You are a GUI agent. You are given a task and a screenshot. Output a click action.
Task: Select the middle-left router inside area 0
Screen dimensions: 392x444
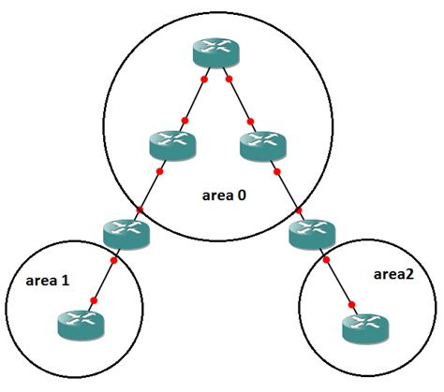[171, 144]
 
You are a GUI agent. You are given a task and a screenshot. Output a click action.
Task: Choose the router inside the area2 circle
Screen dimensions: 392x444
[363, 327]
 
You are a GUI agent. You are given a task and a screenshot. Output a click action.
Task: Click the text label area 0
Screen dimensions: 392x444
[225, 196]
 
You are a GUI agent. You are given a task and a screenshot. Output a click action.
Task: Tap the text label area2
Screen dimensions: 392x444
[387, 275]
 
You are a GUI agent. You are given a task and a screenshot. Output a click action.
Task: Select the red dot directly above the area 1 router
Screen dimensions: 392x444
[93, 300]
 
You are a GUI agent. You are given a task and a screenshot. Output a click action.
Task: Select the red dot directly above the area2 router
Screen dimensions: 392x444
[352, 302]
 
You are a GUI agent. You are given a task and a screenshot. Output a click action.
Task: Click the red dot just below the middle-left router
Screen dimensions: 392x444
[161, 171]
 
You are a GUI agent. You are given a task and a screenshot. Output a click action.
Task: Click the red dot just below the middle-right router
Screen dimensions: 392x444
[274, 171]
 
